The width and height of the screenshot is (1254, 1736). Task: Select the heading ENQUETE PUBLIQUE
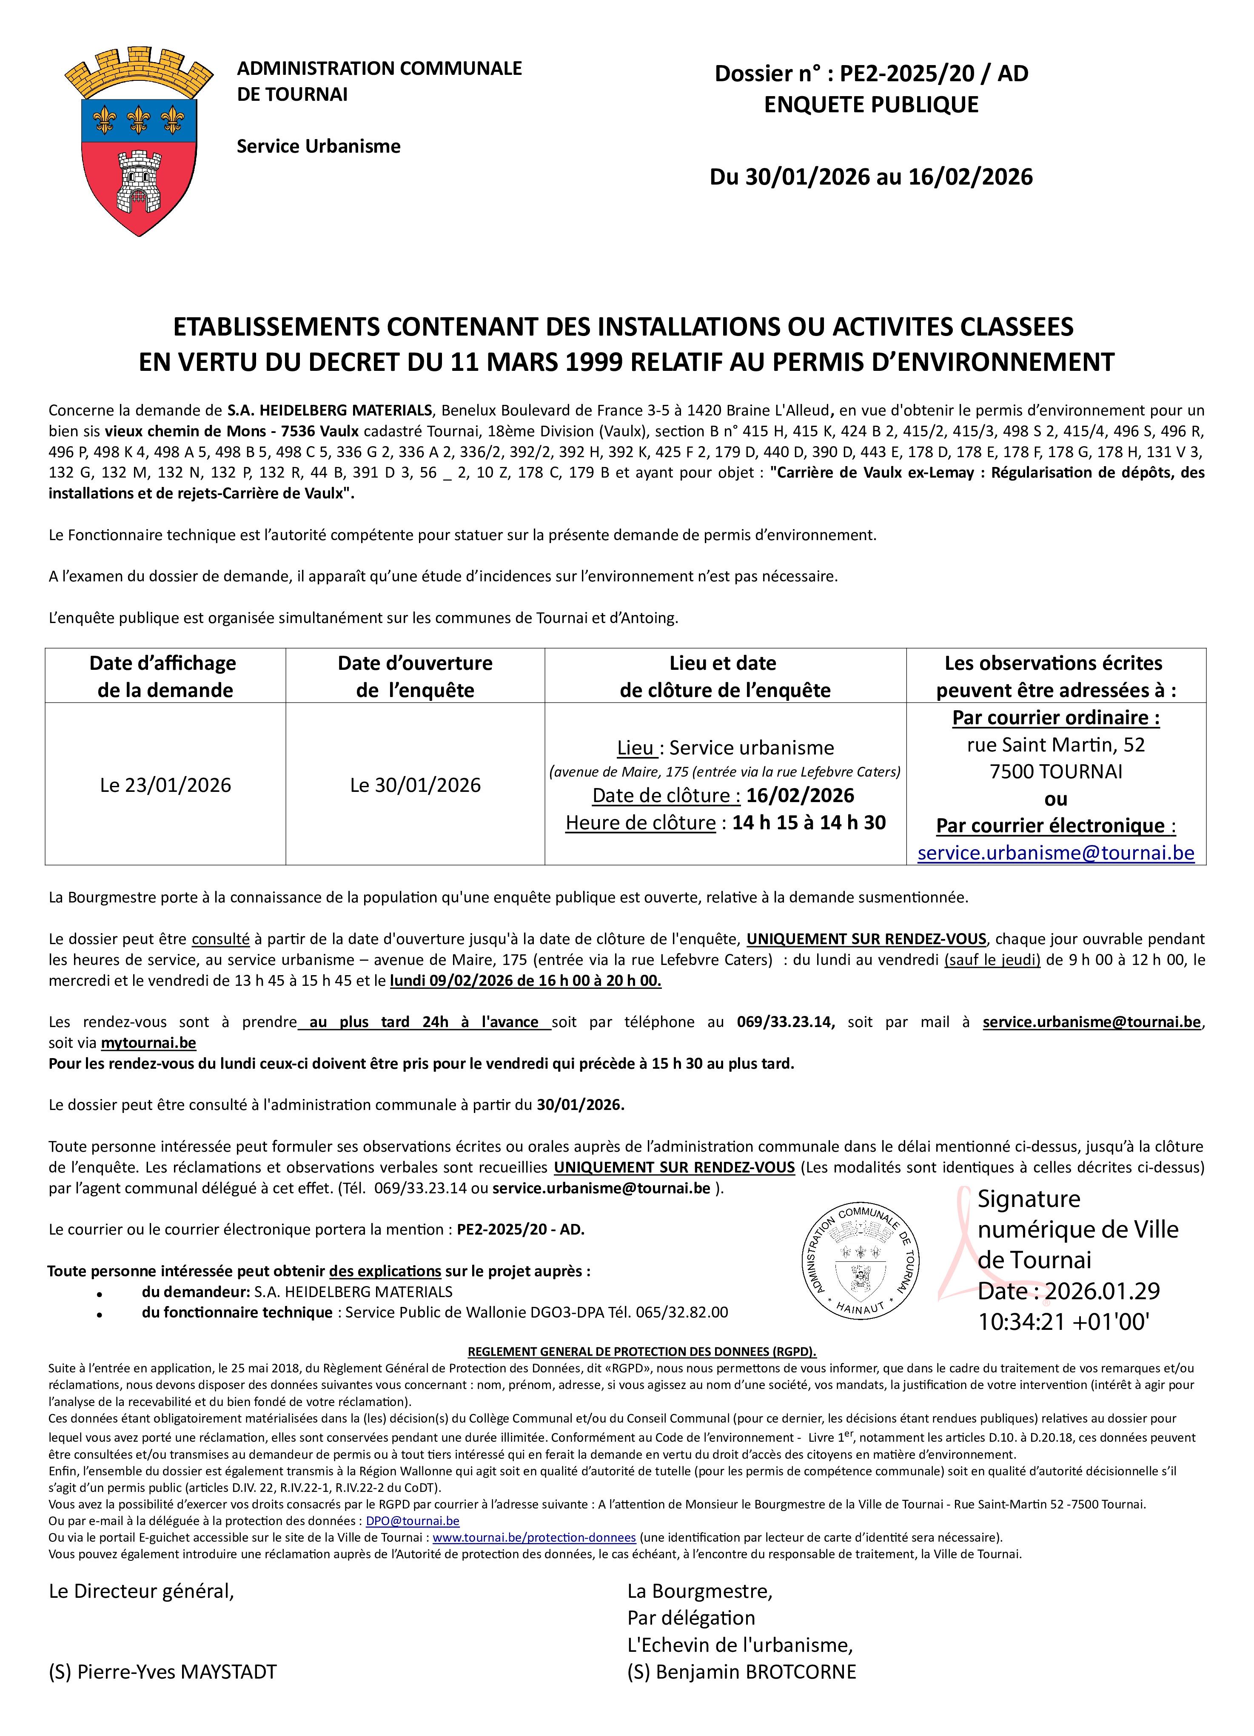(x=871, y=105)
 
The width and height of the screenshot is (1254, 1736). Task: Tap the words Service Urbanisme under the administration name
(x=319, y=146)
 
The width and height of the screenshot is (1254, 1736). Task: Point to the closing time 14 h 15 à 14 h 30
(x=809, y=823)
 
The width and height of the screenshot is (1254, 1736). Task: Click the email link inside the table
(x=1056, y=853)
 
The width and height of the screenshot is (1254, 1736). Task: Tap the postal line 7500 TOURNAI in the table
(x=1056, y=771)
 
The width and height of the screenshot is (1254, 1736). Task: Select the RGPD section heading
(x=641, y=1352)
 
